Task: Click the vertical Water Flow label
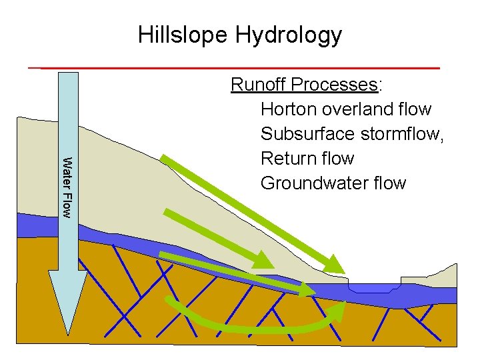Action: coord(67,185)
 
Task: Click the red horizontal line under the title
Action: coord(233,68)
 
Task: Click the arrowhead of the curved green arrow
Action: coord(337,310)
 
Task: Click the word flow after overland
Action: coord(416,109)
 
